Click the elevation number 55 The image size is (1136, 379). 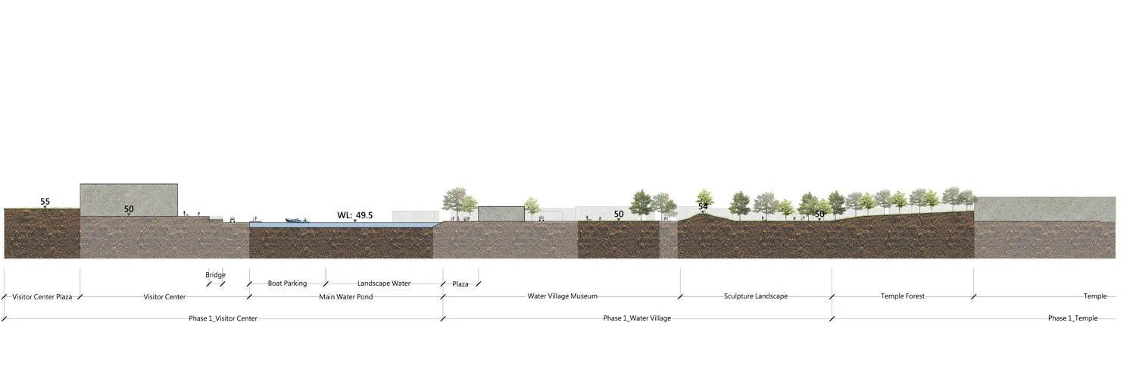coord(45,202)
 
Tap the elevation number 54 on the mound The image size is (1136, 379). coord(703,206)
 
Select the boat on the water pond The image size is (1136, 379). coord(297,221)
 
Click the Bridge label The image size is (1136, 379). coord(215,275)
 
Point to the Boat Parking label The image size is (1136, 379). coord(287,283)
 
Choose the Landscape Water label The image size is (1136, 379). coord(383,283)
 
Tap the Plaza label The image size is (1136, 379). coord(460,284)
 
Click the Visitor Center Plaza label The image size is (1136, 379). coord(42,297)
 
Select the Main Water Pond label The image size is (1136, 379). coord(345,297)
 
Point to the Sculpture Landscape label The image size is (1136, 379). coord(755,296)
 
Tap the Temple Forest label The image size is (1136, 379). coord(903,296)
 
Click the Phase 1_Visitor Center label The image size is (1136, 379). coord(223,318)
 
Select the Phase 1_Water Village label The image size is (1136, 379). coord(637,318)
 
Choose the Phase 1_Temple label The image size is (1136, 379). coord(1072,318)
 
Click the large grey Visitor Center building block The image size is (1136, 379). coord(129,199)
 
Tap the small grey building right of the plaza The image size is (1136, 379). coord(501,213)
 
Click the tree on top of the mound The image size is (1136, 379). coord(705,197)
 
